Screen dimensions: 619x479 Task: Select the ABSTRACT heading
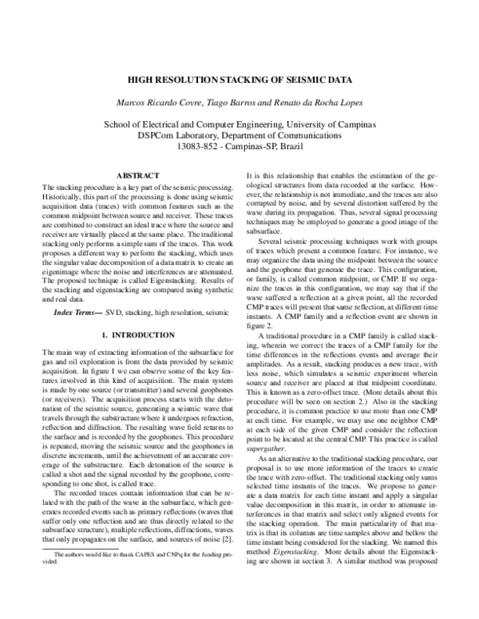point(140,175)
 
